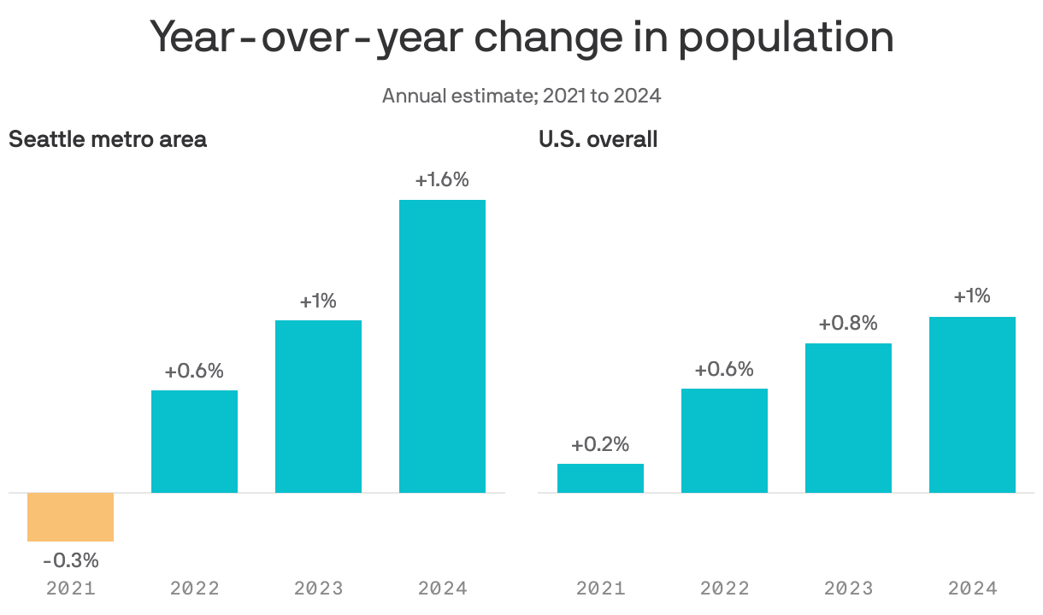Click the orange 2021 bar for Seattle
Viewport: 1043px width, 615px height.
70,517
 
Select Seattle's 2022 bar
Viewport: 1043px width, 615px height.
194,442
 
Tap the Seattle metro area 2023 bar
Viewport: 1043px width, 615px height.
318,407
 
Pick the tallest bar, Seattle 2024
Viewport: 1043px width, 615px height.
442,346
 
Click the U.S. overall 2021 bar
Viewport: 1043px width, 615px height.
600,478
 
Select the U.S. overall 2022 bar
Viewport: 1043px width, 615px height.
724,441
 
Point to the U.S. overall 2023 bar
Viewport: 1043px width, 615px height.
848,418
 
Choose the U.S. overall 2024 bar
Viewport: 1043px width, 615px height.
972,405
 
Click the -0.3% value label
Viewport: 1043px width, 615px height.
70,561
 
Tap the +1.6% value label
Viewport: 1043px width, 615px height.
442,180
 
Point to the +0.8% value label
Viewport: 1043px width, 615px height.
848,324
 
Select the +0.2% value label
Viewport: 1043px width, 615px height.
600,444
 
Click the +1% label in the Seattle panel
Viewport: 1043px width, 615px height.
318,301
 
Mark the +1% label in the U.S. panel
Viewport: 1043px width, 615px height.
972,296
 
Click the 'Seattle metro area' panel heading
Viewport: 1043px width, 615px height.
108,139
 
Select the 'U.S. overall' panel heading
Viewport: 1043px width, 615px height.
598,139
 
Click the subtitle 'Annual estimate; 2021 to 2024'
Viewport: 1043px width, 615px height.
521,95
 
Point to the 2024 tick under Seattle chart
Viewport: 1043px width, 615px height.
442,589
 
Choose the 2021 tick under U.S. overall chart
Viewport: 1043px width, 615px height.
600,589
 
